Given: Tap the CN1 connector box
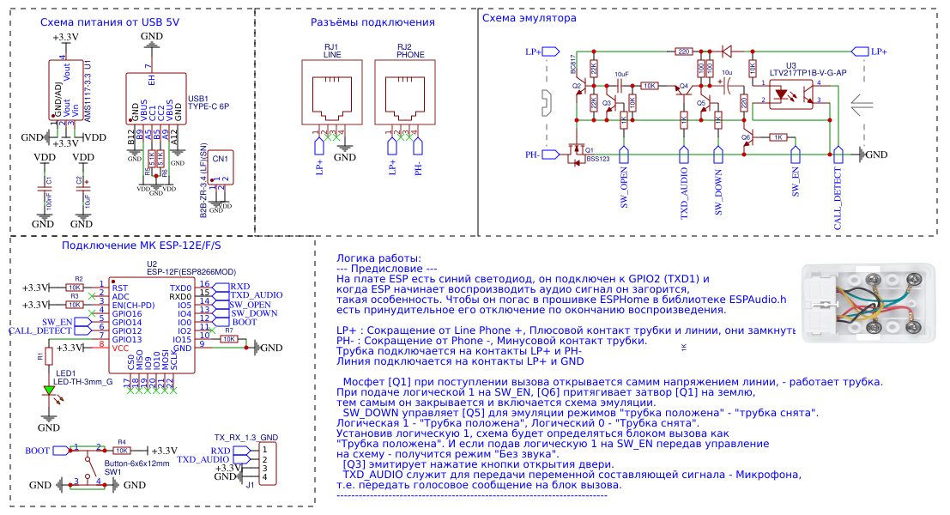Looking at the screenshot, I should [221, 166].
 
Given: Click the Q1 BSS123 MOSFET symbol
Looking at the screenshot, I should [576, 153].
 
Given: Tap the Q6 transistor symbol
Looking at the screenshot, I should [748, 140].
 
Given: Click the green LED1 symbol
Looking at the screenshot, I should [49, 390].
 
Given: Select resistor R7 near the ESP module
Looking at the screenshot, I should [228, 339].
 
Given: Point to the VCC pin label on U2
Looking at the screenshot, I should [120, 348].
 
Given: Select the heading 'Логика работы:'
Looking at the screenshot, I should [378, 258].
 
